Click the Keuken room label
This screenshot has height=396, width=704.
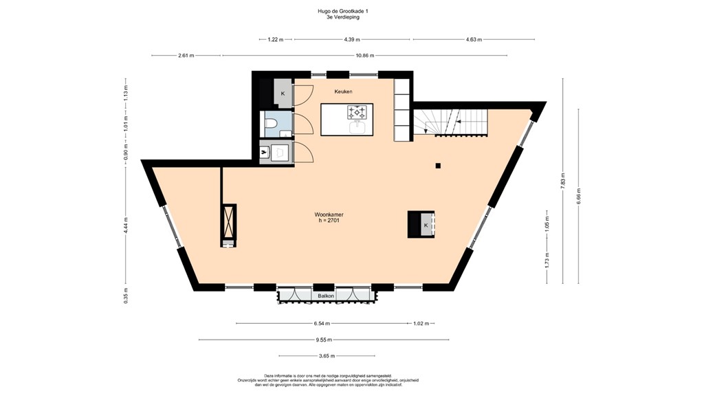344,91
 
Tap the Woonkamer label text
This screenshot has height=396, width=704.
329,214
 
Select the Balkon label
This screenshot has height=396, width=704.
326,296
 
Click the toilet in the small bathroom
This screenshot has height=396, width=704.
271,124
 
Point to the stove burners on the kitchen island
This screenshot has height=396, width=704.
357,111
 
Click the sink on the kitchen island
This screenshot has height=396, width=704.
357,127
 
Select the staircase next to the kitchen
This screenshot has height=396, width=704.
450,122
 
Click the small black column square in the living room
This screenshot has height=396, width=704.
438,165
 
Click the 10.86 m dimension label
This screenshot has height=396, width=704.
364,55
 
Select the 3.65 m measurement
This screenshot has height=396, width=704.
327,356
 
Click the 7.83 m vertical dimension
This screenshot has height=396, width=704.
562,181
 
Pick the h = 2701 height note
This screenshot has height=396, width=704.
329,221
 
